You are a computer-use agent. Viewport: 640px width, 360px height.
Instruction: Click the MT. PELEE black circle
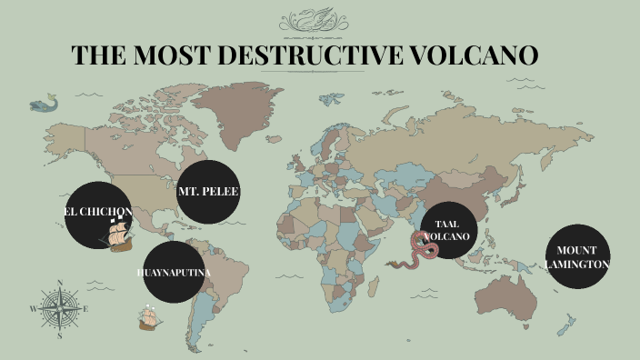(208, 192)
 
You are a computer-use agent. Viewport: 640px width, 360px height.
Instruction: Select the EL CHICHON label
(98, 211)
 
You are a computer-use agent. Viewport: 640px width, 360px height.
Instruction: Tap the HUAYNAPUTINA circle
(175, 272)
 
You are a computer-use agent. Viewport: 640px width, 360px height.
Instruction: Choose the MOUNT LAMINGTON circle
(577, 256)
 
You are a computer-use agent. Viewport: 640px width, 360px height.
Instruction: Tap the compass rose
(60, 308)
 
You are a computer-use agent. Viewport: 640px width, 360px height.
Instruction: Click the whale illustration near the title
(41, 105)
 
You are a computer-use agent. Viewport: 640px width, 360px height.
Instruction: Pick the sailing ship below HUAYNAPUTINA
(149, 317)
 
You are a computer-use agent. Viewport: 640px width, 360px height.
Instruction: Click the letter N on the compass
(60, 283)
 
